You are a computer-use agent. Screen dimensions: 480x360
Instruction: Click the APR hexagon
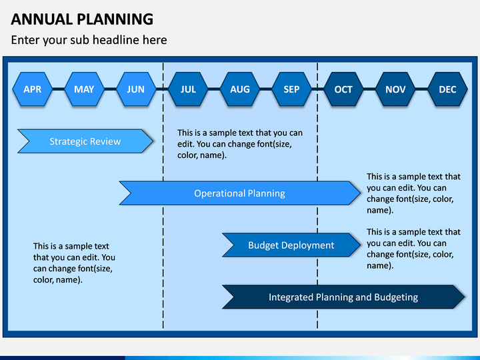coord(33,89)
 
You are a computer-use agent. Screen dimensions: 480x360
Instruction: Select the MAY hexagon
coord(84,89)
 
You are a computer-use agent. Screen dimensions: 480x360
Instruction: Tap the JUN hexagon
coord(136,89)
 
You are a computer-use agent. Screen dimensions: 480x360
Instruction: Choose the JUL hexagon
coord(188,89)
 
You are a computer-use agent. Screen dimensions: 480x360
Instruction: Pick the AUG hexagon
coord(240,89)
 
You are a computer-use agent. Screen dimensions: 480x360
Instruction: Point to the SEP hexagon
coord(291,89)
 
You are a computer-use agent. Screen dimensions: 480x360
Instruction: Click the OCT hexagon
coord(343,89)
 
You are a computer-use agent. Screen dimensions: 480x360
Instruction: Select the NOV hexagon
coord(395,89)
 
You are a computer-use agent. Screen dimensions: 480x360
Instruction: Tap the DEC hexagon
coord(447,89)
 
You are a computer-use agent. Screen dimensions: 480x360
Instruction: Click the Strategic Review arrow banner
coord(85,141)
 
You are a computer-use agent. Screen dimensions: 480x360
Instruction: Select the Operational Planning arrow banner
coord(240,193)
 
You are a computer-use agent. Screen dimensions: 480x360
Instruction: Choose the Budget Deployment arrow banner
coord(291,245)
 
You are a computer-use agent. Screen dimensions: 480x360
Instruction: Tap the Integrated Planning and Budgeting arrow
coord(343,297)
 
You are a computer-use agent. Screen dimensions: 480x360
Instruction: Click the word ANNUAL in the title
coord(42,19)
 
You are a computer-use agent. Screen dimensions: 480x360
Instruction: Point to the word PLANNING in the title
coord(115,19)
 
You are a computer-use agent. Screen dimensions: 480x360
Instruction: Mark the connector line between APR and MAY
coord(59,89)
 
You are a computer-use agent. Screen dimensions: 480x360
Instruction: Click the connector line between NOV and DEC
coord(421,89)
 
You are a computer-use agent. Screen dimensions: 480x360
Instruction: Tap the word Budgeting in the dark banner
coord(396,297)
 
